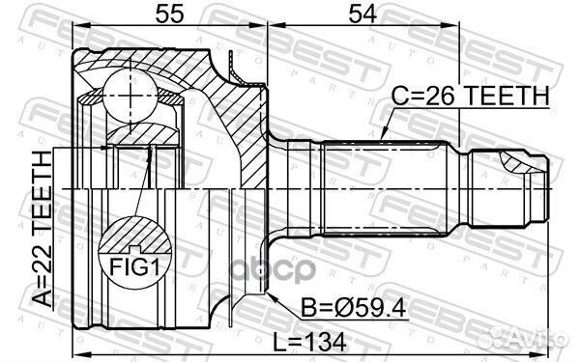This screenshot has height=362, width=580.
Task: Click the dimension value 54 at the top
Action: [354, 14]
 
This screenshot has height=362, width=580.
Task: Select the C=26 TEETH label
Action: [470, 96]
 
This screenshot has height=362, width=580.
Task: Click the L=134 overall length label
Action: [305, 341]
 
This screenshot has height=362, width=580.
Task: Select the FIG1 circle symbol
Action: [131, 249]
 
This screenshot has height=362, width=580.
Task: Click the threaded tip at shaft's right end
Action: [523, 182]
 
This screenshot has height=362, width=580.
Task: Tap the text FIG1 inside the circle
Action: [131, 264]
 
